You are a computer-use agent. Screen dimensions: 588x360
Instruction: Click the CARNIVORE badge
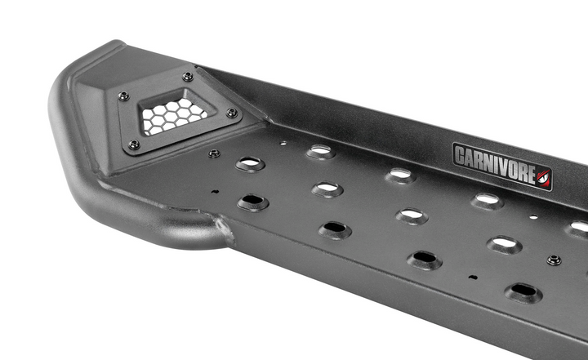(502, 167)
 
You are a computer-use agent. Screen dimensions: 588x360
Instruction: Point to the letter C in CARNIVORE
(460, 155)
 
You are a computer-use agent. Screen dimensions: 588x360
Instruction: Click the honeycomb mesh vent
(173, 115)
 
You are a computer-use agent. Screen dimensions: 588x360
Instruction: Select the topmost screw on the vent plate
(188, 77)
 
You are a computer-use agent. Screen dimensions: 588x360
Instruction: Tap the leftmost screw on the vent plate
(124, 96)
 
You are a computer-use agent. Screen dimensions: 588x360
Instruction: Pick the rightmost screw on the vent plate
(232, 112)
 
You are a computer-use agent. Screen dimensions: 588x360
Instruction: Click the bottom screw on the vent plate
(134, 144)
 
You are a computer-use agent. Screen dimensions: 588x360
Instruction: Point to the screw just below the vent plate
(214, 153)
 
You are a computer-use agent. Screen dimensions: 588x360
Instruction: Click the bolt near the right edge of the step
(554, 260)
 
